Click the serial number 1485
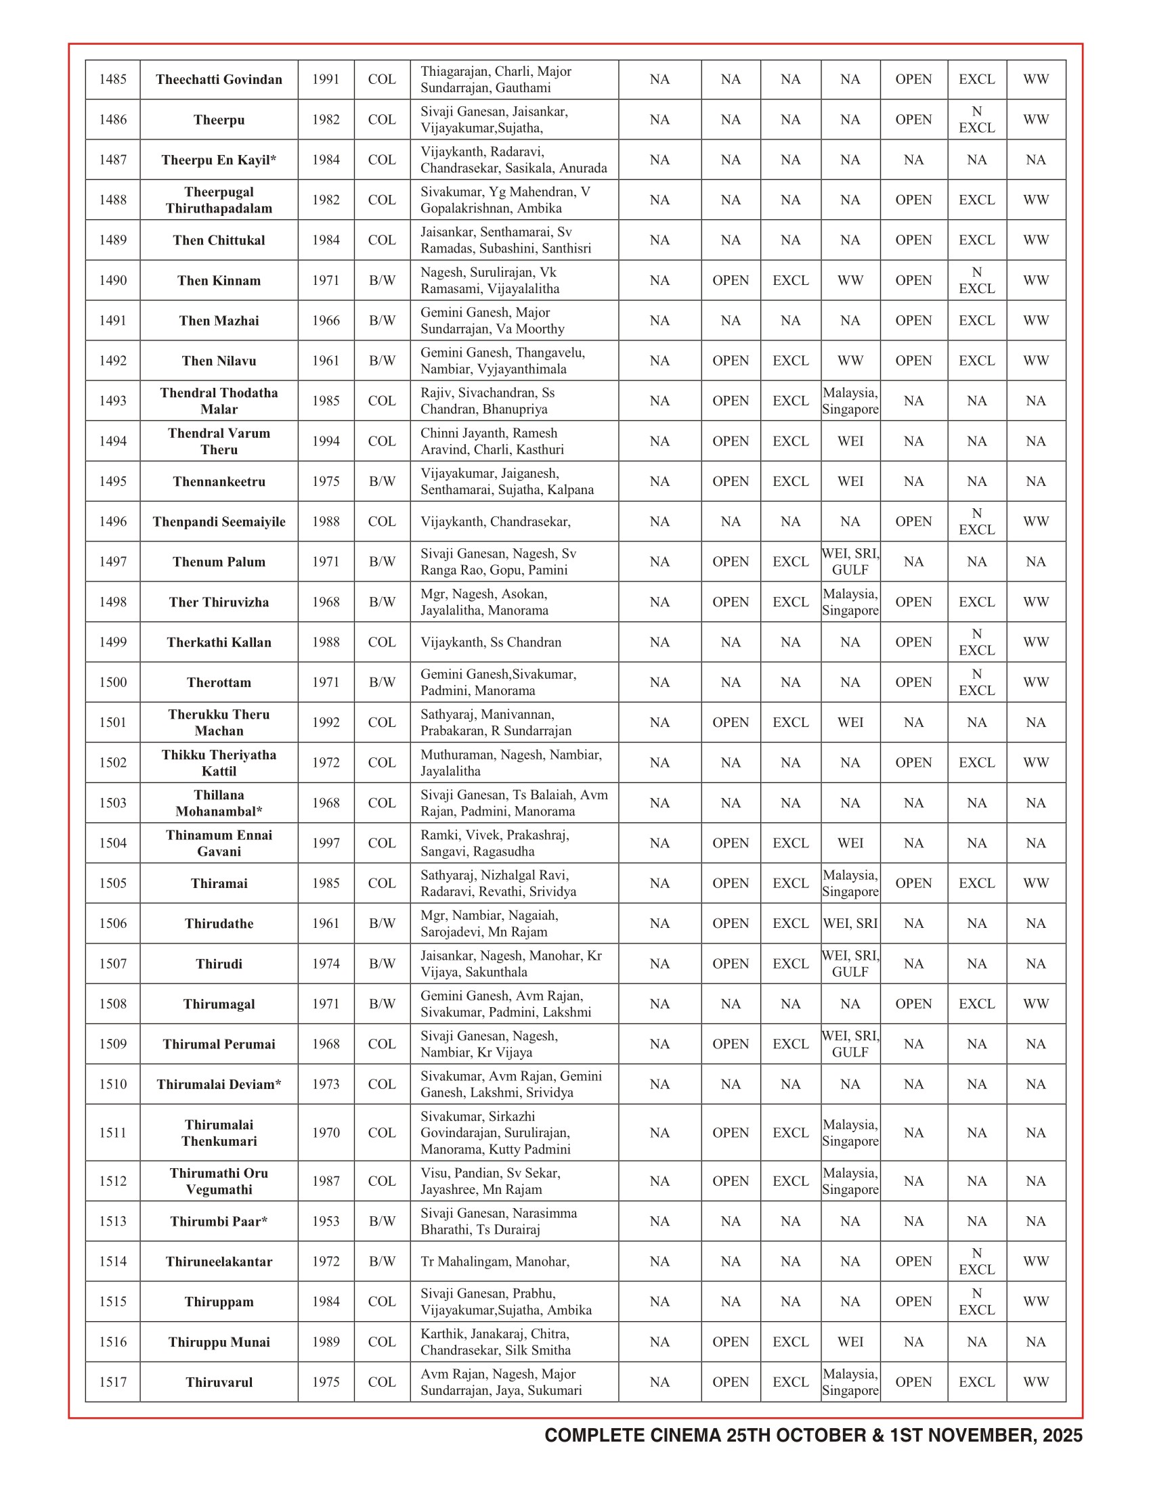[112, 80]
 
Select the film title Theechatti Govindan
[219, 80]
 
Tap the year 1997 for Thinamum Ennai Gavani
[326, 843]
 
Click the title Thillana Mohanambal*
[219, 803]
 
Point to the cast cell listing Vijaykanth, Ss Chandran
[491, 642]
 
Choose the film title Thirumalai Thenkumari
[219, 1133]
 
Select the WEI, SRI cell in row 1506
[850, 924]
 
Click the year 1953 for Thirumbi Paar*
[326, 1222]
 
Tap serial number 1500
[112, 682]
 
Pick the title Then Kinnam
[219, 281]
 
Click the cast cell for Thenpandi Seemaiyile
[496, 522]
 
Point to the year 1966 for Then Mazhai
[326, 321]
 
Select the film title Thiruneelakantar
[219, 1262]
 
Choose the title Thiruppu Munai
[219, 1342]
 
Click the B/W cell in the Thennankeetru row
[382, 481]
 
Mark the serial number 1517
[112, 1383]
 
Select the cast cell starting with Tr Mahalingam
[495, 1262]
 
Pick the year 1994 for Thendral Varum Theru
[326, 442]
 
